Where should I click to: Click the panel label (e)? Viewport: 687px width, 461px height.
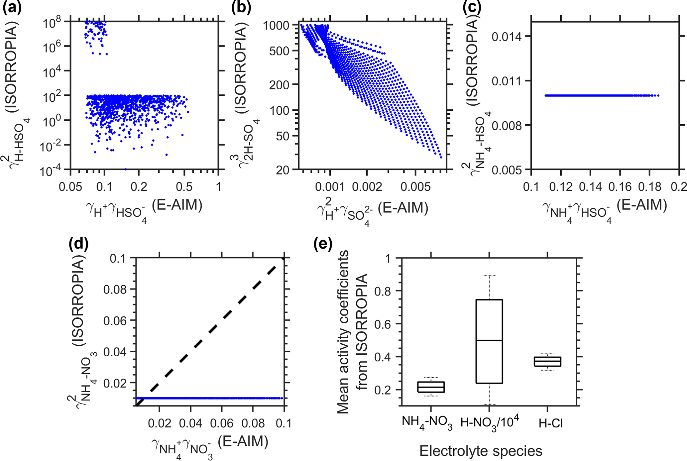pos(323,245)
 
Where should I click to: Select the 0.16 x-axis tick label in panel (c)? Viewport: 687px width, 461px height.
pos(620,187)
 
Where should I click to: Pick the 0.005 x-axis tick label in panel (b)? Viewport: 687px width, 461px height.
pos(415,187)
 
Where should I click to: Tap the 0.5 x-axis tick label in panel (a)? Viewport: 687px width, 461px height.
pos(184,187)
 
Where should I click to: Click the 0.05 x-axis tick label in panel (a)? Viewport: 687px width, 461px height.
pos(70,187)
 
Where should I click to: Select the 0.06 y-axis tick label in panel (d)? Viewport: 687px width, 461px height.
pos(115,321)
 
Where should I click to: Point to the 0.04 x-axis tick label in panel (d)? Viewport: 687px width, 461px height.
pos(190,423)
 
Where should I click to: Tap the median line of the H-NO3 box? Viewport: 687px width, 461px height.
pos(489,340)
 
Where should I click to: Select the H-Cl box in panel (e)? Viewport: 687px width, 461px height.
pos(547,362)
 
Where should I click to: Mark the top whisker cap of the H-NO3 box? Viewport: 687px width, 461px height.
pos(489,276)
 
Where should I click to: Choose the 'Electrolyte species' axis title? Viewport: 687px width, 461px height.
pos(481,451)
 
